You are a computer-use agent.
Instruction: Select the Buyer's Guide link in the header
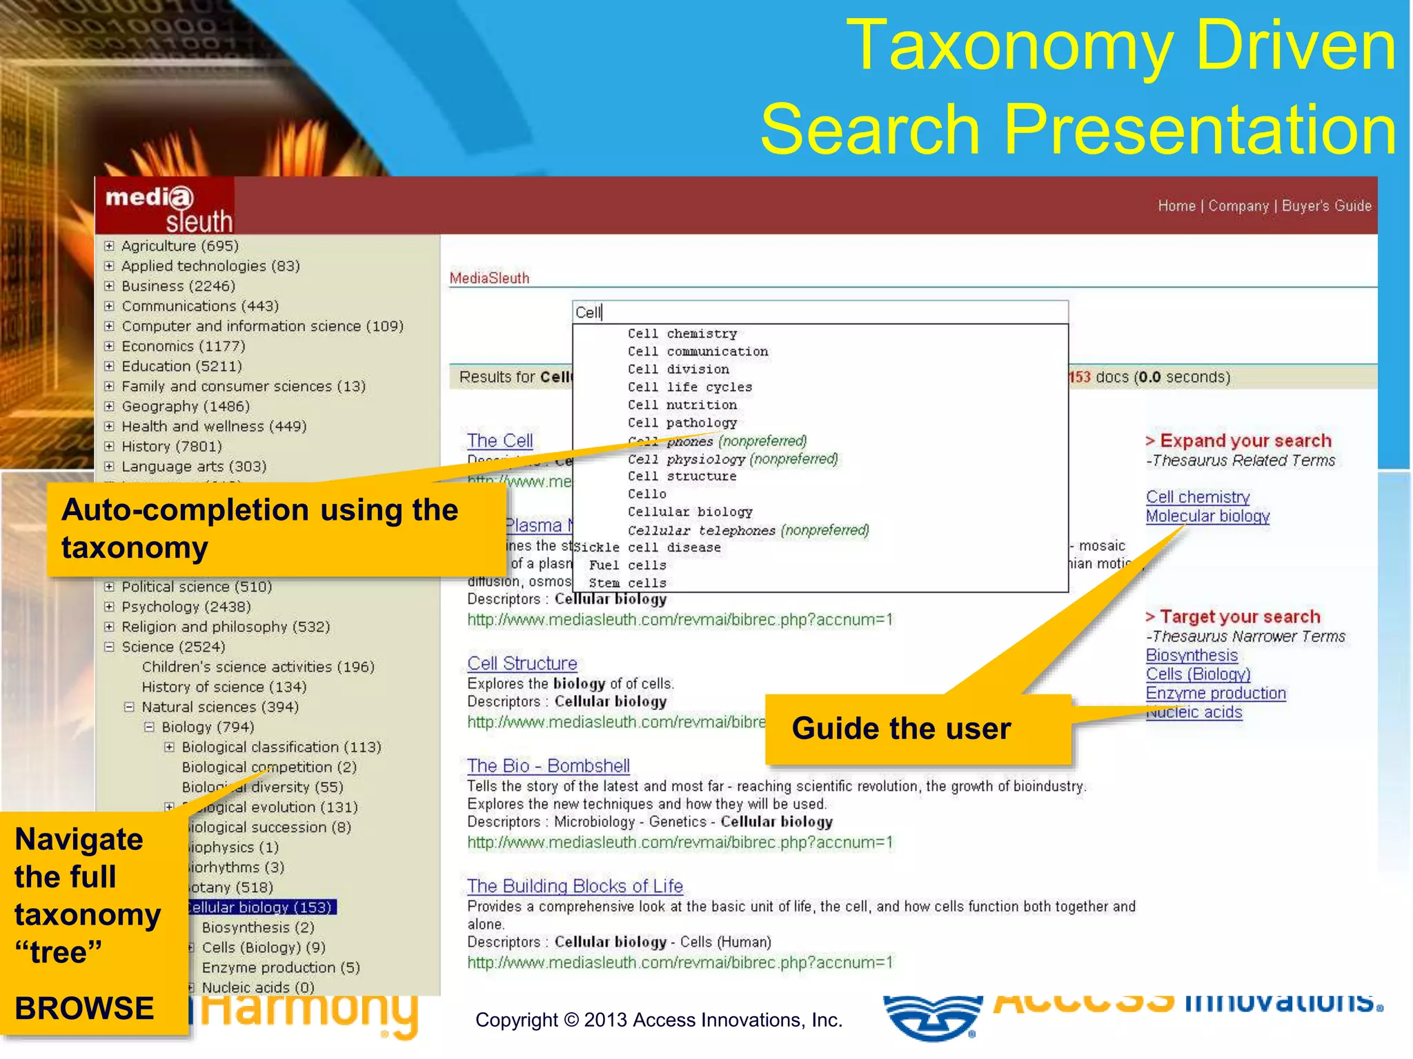click(x=1326, y=205)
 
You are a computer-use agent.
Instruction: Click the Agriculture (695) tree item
click(x=179, y=246)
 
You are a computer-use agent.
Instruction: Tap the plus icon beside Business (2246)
click(x=109, y=286)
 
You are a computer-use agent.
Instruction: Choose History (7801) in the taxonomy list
click(x=171, y=447)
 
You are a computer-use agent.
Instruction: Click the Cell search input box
click(x=820, y=312)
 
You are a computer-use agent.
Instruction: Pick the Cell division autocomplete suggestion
click(x=678, y=370)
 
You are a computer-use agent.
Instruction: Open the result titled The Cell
click(x=500, y=441)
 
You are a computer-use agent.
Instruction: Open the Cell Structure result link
click(x=522, y=663)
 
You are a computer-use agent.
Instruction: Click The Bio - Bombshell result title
click(x=548, y=766)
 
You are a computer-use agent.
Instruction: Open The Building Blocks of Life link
click(x=575, y=886)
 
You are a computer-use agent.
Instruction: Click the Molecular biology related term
click(x=1207, y=516)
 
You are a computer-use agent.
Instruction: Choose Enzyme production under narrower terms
click(x=1216, y=694)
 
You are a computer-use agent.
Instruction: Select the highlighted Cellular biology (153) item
click(x=262, y=907)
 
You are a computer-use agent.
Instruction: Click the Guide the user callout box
click(x=918, y=729)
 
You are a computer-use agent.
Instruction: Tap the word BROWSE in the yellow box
click(x=84, y=1008)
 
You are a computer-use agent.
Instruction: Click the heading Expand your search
click(x=1245, y=441)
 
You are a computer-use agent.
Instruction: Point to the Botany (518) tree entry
click(x=232, y=887)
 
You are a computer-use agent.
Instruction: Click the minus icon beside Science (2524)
click(x=109, y=647)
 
